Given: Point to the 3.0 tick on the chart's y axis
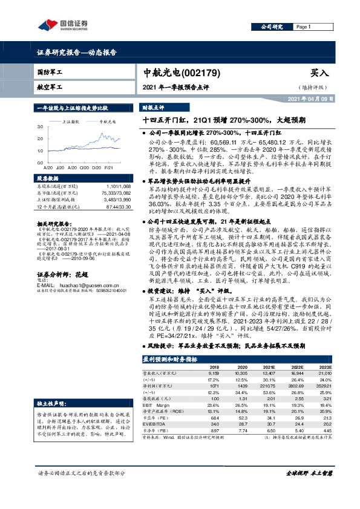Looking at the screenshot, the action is click(x=39, y=127).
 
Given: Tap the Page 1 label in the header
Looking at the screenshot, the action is click(x=303, y=27).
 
